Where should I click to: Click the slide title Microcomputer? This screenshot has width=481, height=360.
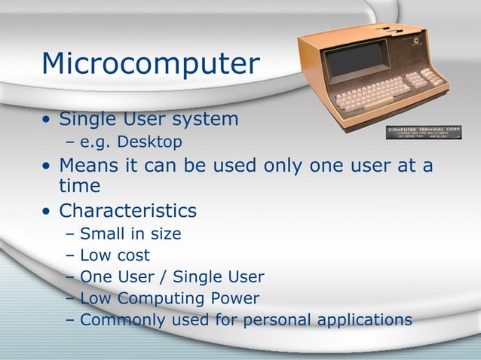(x=151, y=66)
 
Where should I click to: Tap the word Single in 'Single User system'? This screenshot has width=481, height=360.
(x=90, y=119)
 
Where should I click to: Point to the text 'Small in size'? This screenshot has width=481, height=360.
(x=130, y=233)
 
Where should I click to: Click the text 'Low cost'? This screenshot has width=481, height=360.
(x=115, y=255)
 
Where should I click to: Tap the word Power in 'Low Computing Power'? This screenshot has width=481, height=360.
(x=235, y=298)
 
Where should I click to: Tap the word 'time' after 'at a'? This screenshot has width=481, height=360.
(x=79, y=186)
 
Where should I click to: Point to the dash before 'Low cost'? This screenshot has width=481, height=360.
(x=71, y=256)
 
